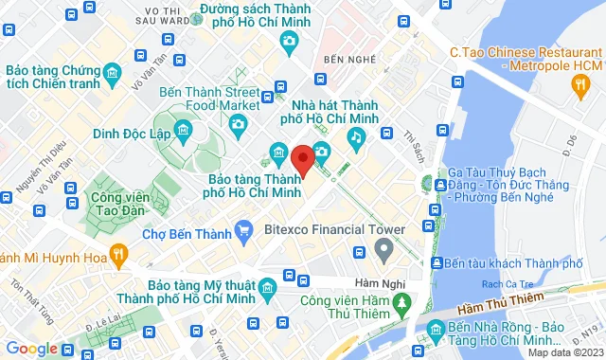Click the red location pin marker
tap(303, 161)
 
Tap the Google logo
tap(33, 349)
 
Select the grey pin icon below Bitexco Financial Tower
tap(384, 250)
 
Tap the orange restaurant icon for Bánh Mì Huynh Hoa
tap(117, 254)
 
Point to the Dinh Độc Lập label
tap(132, 134)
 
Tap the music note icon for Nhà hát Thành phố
tap(356, 139)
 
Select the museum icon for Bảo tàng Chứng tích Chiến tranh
tap(113, 73)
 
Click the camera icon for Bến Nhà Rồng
tap(435, 329)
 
